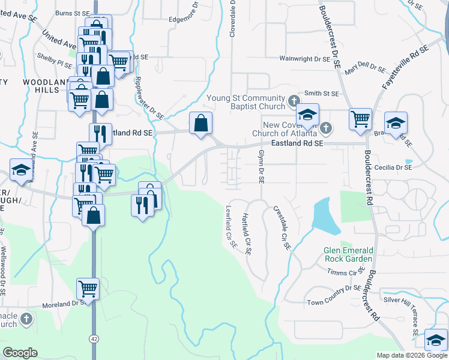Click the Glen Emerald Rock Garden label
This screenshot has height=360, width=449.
coord(348,254)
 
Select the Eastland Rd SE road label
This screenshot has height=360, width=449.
coord(297,144)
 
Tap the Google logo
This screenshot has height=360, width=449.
coord(20,353)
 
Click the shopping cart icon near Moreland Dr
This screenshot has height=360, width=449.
coord(88,289)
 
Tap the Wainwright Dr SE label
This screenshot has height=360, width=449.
coord(305,59)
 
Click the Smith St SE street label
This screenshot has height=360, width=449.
coord(322,94)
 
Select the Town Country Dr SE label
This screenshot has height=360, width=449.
coord(334,295)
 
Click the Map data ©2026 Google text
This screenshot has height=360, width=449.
coord(411,355)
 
